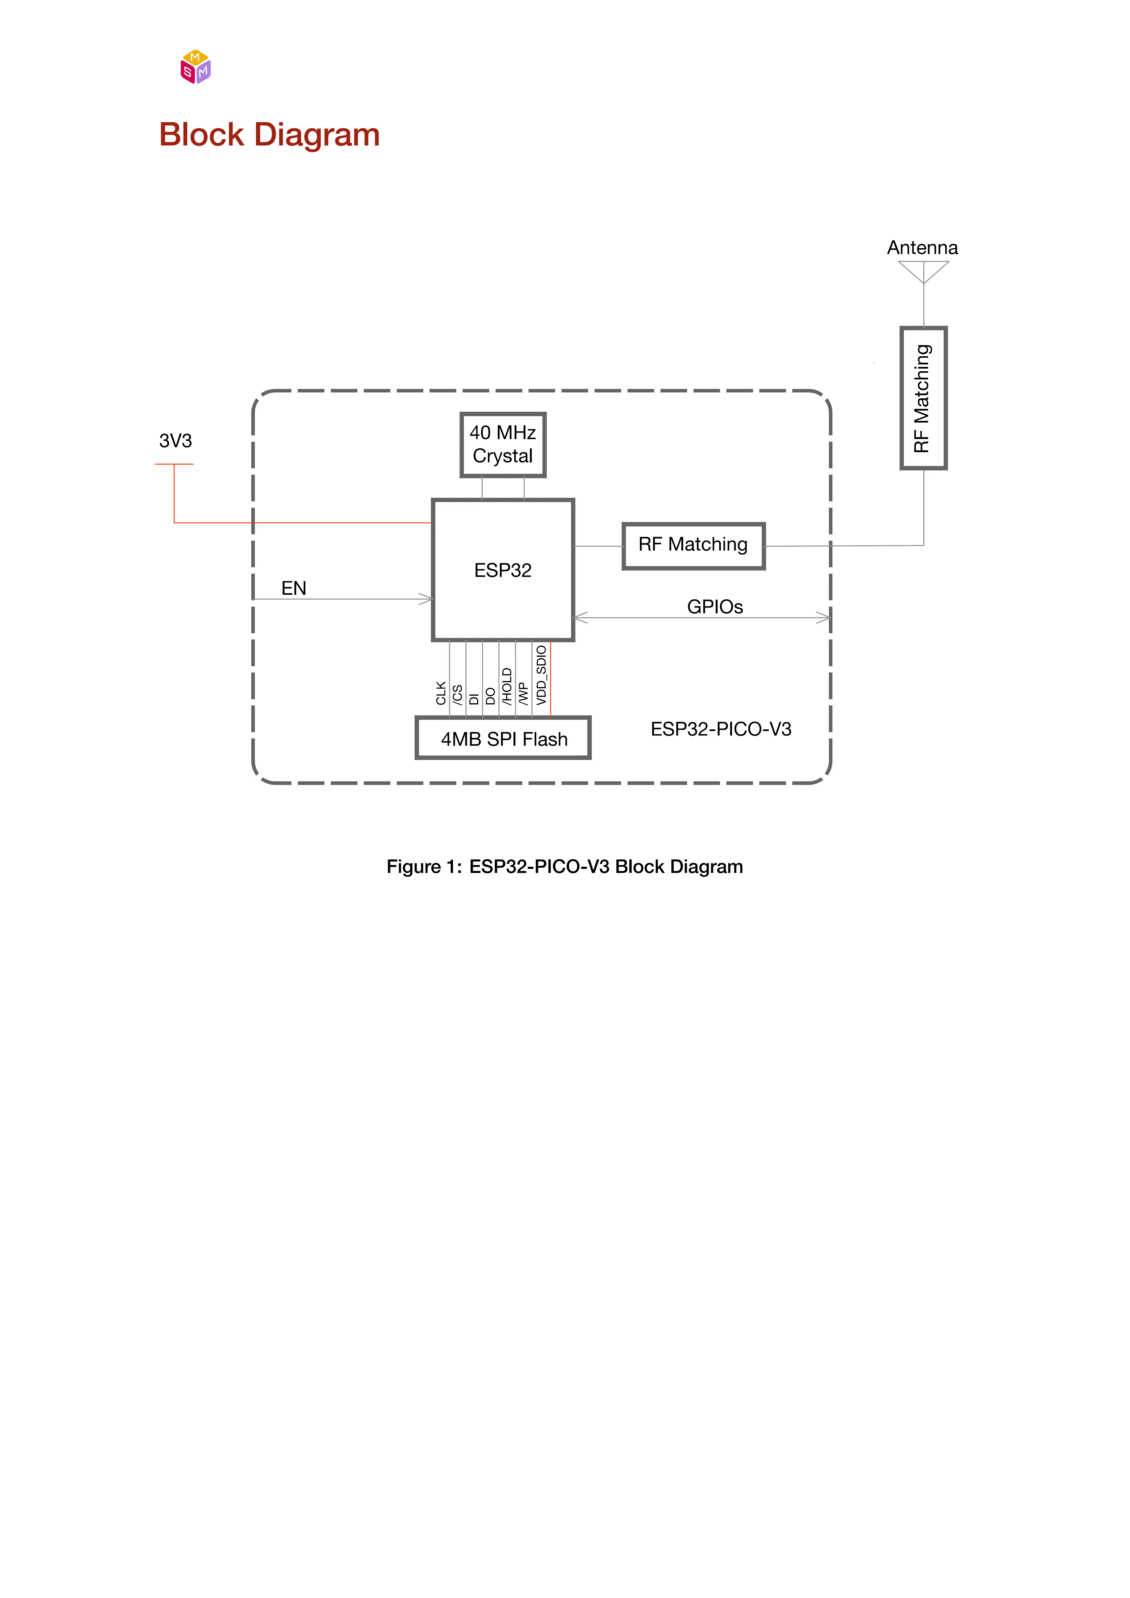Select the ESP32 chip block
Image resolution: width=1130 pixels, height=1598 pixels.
(503, 570)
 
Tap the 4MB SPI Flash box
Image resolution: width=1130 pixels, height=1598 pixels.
(503, 738)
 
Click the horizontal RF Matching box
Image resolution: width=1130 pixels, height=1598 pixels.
(693, 546)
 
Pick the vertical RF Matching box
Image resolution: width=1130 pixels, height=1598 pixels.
(923, 398)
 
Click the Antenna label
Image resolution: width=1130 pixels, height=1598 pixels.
(922, 248)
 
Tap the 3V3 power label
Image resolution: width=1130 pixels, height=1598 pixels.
(175, 441)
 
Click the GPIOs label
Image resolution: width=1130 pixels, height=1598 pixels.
(715, 607)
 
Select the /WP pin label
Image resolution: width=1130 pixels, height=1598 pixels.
(523, 694)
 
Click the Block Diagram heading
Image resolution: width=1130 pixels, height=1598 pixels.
(269, 135)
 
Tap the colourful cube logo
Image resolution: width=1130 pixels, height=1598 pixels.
(196, 67)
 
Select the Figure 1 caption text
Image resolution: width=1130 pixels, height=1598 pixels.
(565, 867)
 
